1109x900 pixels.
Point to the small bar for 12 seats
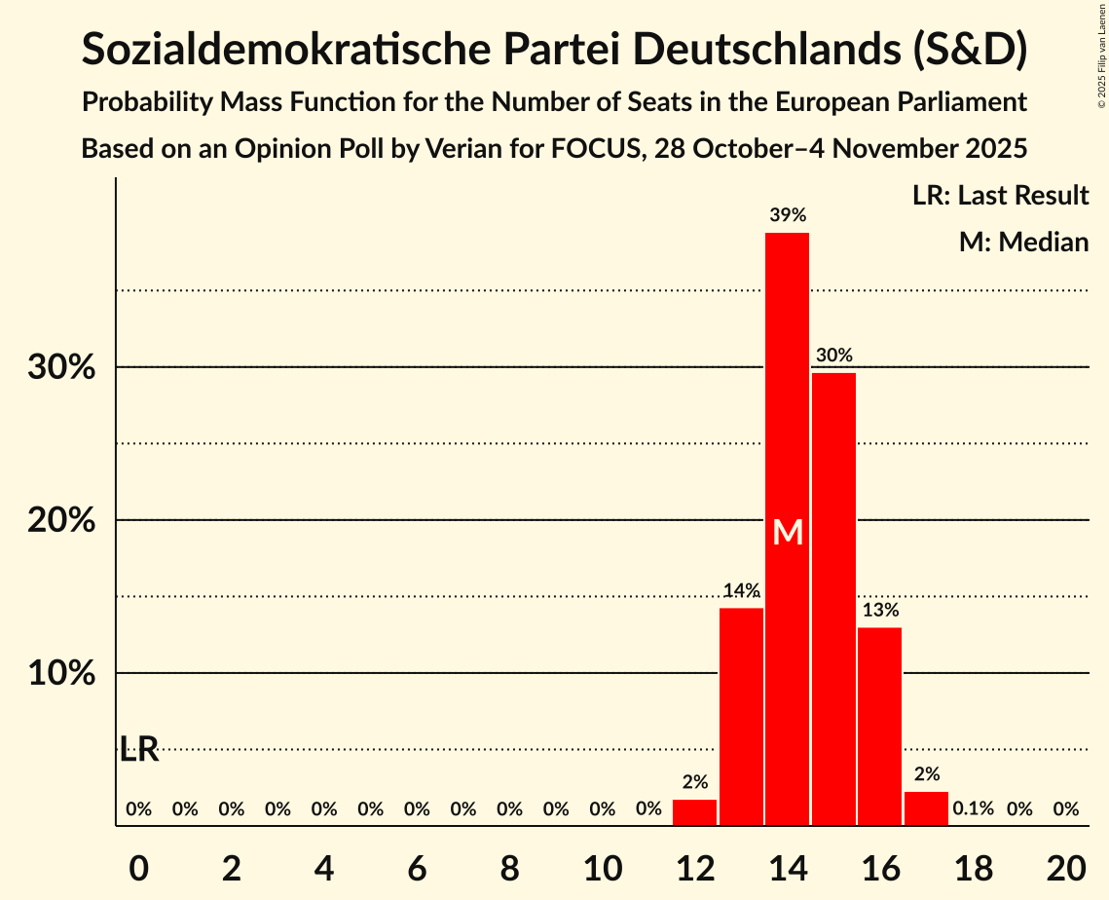[694, 813]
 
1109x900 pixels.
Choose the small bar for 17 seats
[926, 809]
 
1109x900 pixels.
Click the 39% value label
[787, 215]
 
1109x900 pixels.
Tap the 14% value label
[741, 590]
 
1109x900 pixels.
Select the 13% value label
[879, 611]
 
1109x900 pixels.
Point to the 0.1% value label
[973, 808]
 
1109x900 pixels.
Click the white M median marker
[788, 532]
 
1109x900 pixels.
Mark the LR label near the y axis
[139, 749]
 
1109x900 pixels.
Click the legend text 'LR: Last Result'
[1000, 196]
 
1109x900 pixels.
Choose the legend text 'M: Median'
[1023, 242]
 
